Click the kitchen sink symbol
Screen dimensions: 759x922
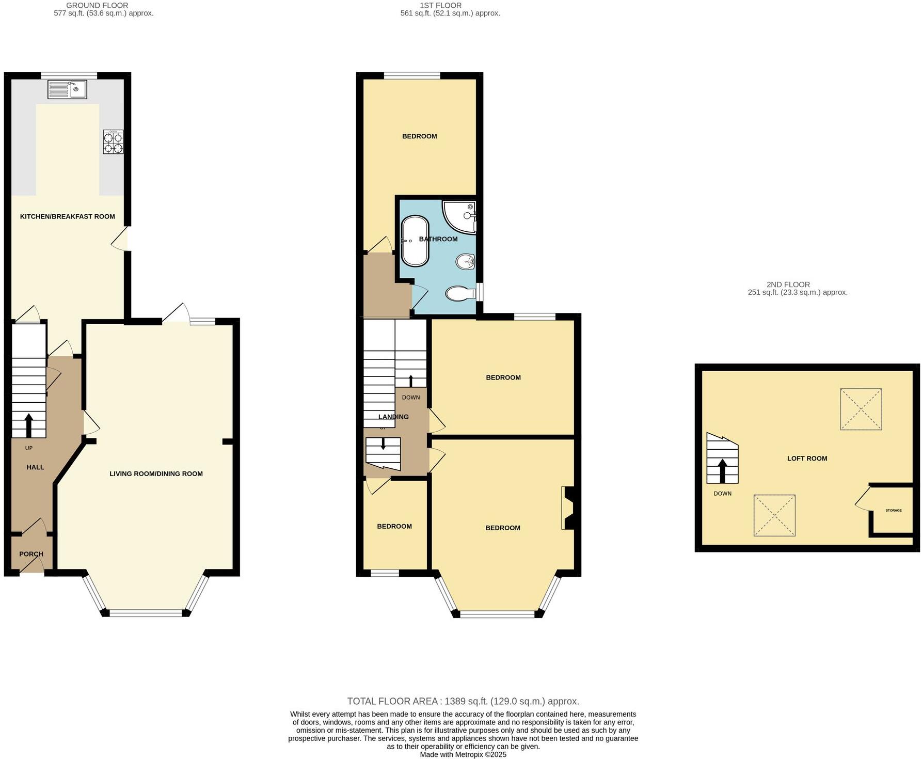coord(68,90)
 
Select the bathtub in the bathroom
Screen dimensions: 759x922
coord(415,241)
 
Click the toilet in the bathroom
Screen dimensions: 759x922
coord(459,293)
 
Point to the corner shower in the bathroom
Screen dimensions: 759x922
coord(460,216)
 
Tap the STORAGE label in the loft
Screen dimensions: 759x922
coord(893,511)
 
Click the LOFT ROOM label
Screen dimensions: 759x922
coord(807,458)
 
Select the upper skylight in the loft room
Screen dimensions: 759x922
coord(861,409)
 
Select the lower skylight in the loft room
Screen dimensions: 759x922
coord(774,516)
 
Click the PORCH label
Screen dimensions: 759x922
coord(31,554)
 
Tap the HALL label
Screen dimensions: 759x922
coord(35,467)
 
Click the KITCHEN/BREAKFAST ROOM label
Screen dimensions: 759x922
coord(67,216)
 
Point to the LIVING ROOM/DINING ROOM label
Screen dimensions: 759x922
coord(156,473)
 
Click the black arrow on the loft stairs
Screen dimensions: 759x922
coord(722,470)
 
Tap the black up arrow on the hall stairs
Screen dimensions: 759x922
coord(28,425)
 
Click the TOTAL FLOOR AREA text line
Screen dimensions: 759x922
coord(463,701)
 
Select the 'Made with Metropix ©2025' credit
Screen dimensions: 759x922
coord(463,754)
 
